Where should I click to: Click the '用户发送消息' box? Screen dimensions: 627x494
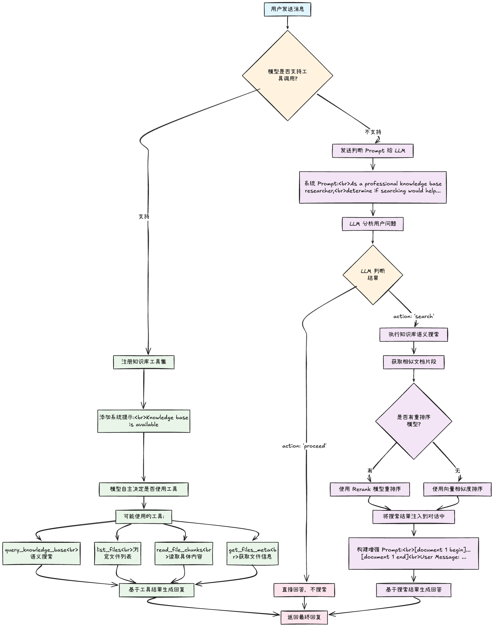click(x=287, y=9)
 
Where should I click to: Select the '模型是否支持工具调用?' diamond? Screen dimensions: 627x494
click(x=287, y=75)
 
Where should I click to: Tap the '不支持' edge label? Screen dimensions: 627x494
click(x=373, y=132)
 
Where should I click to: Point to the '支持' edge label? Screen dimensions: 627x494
click(x=144, y=216)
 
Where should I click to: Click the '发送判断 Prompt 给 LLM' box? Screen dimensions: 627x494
click(x=372, y=150)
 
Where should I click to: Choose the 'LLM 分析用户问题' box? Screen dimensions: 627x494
click(x=372, y=224)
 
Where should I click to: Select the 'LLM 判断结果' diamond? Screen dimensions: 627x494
click(x=372, y=275)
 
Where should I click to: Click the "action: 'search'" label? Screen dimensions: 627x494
click(x=414, y=316)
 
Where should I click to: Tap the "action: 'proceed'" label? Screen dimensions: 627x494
click(x=304, y=446)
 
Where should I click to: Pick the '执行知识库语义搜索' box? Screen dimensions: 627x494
click(x=414, y=335)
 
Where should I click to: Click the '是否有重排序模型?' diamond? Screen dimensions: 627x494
click(x=414, y=421)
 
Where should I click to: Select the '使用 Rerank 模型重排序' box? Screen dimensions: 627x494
click(x=370, y=489)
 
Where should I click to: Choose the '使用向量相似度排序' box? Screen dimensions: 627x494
click(x=457, y=489)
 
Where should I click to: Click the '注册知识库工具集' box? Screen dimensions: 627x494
click(x=144, y=362)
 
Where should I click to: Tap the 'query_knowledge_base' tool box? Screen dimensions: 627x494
click(x=41, y=553)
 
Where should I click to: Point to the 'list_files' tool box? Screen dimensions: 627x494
click(x=117, y=553)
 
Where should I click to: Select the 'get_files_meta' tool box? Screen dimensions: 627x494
click(x=252, y=553)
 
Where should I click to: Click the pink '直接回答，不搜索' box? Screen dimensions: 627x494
click(x=304, y=590)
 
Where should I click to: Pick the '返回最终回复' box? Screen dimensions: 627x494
click(x=304, y=617)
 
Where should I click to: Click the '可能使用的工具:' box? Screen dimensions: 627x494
click(x=144, y=516)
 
